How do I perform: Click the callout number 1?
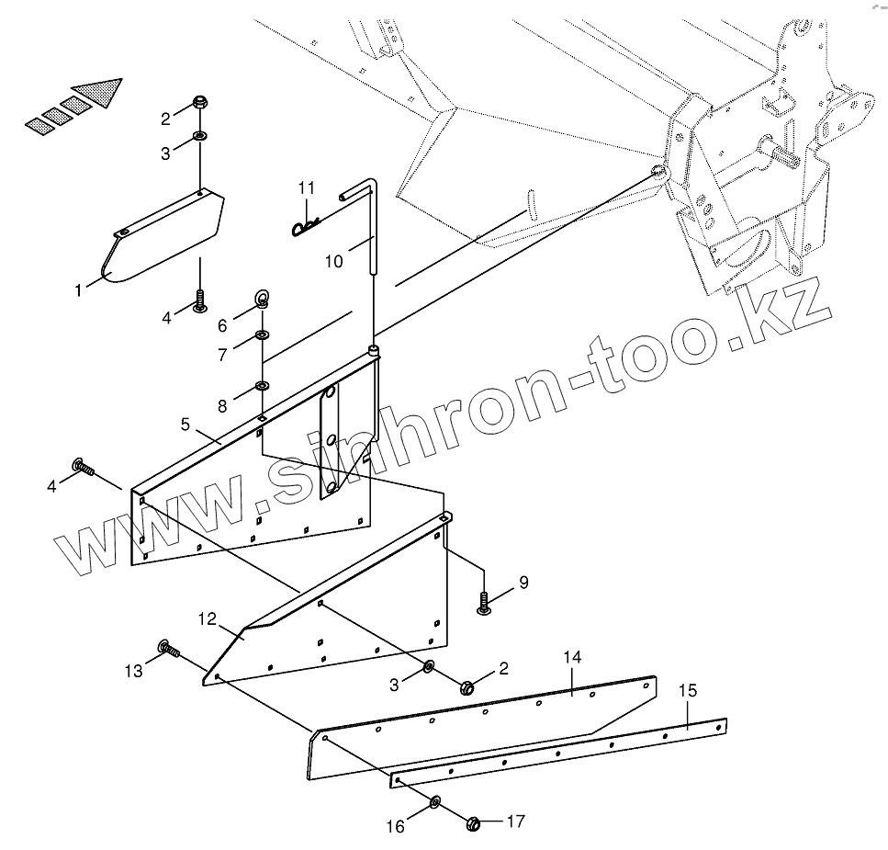[79, 290]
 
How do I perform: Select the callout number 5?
[185, 425]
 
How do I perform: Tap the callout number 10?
[333, 262]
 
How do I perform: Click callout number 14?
[572, 657]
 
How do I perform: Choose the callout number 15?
[688, 691]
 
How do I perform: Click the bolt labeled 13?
[168, 650]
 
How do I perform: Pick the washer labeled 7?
[263, 335]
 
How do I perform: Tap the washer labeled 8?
[262, 384]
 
